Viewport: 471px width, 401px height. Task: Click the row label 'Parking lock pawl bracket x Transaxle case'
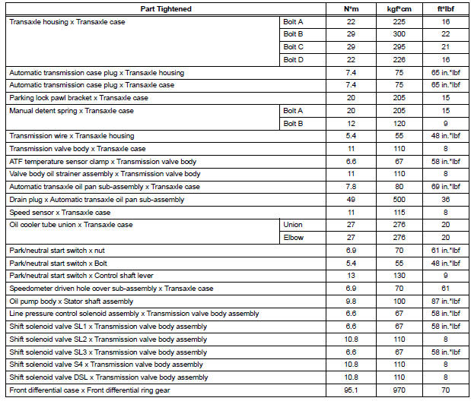coord(78,98)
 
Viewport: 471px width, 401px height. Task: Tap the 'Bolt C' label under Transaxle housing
coord(293,47)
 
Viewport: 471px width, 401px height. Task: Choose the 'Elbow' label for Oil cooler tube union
coord(293,237)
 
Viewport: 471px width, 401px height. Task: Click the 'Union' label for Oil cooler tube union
coord(293,225)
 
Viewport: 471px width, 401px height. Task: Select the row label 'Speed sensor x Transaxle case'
coord(60,212)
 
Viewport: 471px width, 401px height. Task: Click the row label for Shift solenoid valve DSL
coord(107,377)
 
